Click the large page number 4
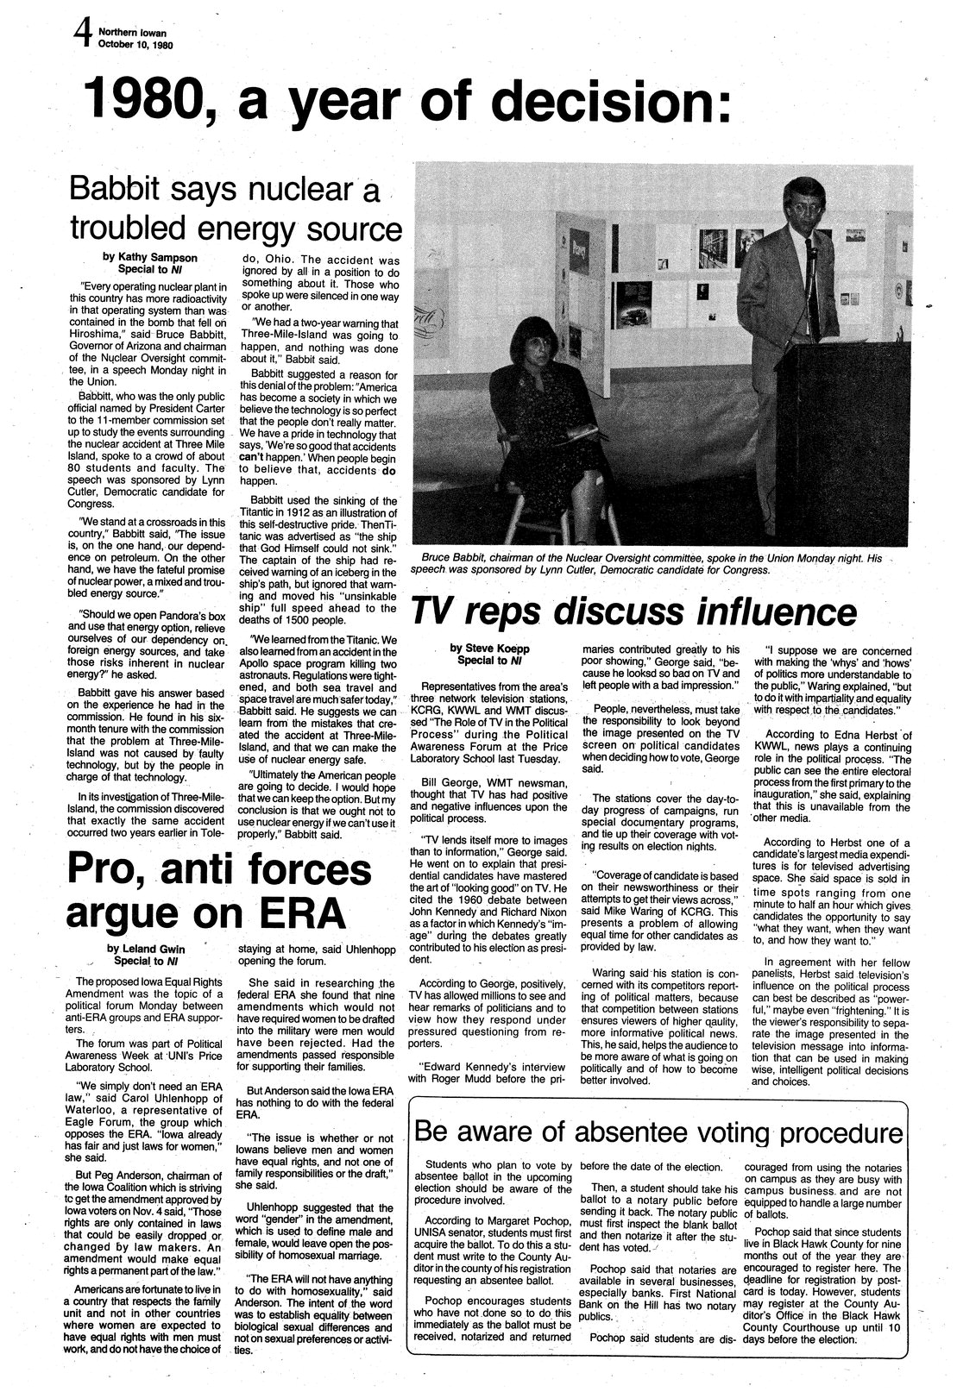point(82,37)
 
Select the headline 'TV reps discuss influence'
point(633,611)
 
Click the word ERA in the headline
point(293,912)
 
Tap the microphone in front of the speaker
point(812,250)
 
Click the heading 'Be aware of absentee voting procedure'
point(658,1131)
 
